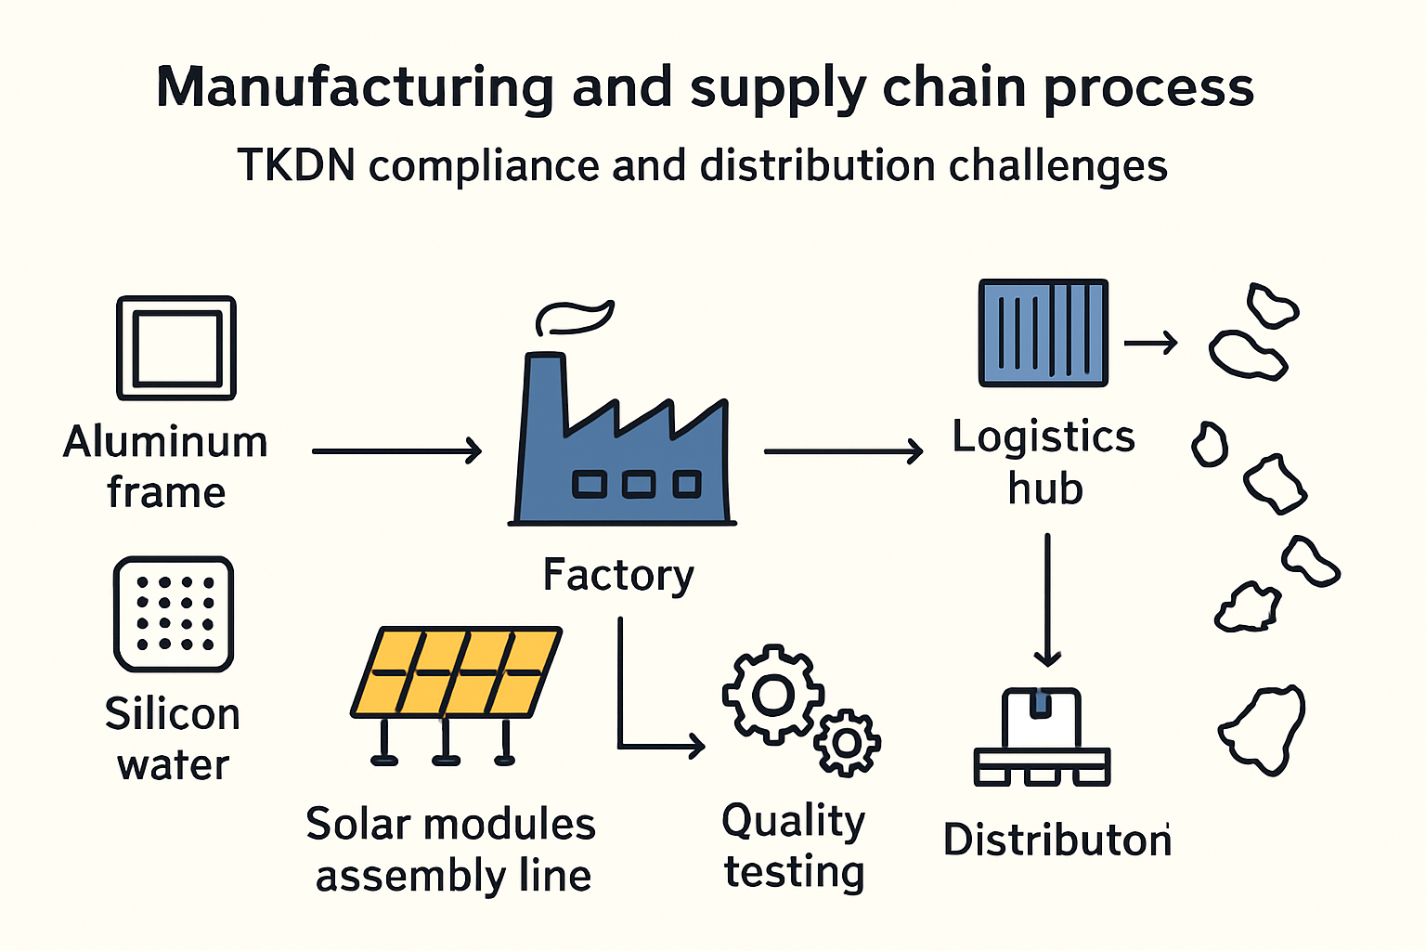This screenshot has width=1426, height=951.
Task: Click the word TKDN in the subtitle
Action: tap(296, 165)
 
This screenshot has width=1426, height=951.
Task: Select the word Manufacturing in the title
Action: tap(356, 88)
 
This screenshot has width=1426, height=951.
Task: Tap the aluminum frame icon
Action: tap(176, 347)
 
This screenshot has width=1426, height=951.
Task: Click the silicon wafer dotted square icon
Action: tap(174, 614)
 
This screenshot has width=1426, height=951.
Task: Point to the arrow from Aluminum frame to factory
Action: tap(396, 451)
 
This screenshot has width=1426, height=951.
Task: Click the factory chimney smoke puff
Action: tap(575, 318)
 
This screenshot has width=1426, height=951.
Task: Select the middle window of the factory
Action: tap(639, 485)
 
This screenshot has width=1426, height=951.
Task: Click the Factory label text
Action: tap(618, 576)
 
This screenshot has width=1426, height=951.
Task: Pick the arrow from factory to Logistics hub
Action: tap(844, 451)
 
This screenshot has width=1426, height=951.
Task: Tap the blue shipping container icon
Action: tap(1044, 332)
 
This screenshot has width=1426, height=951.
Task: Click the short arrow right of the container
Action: tap(1151, 343)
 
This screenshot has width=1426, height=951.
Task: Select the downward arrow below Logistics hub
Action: tap(1047, 599)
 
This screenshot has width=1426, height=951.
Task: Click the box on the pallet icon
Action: tap(1041, 718)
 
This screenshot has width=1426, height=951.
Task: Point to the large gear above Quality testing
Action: tap(773, 695)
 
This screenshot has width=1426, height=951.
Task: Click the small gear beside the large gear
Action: tap(847, 743)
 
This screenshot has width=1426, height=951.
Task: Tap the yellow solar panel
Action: tap(457, 672)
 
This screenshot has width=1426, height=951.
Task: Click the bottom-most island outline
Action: tap(1263, 730)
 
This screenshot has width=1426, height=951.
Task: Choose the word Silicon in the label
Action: tap(173, 714)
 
